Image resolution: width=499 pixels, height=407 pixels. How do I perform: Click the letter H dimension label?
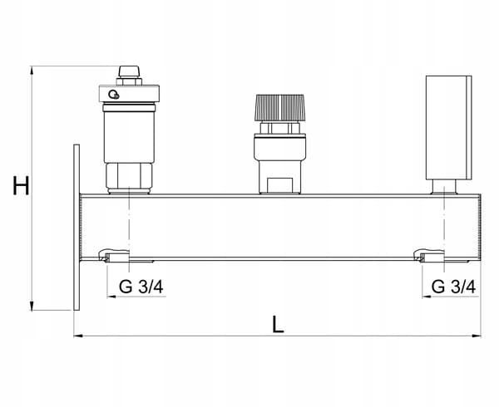coord(21,185)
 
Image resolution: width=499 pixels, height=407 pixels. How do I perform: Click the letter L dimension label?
coord(278,324)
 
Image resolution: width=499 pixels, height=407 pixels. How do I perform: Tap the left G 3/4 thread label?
coord(141,287)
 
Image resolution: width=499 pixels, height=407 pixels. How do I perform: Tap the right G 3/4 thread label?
coord(453,287)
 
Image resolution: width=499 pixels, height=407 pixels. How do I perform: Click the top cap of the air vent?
coord(129,71)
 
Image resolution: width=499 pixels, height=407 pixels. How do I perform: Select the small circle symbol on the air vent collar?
coord(114,95)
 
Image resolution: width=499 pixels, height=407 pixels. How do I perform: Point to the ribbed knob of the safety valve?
coord(279,107)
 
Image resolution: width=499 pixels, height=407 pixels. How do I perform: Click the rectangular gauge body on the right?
coord(449,127)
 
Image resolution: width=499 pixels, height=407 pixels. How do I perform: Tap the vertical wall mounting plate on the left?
coord(77,227)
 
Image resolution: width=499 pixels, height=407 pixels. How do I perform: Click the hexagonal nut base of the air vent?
coord(129,177)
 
